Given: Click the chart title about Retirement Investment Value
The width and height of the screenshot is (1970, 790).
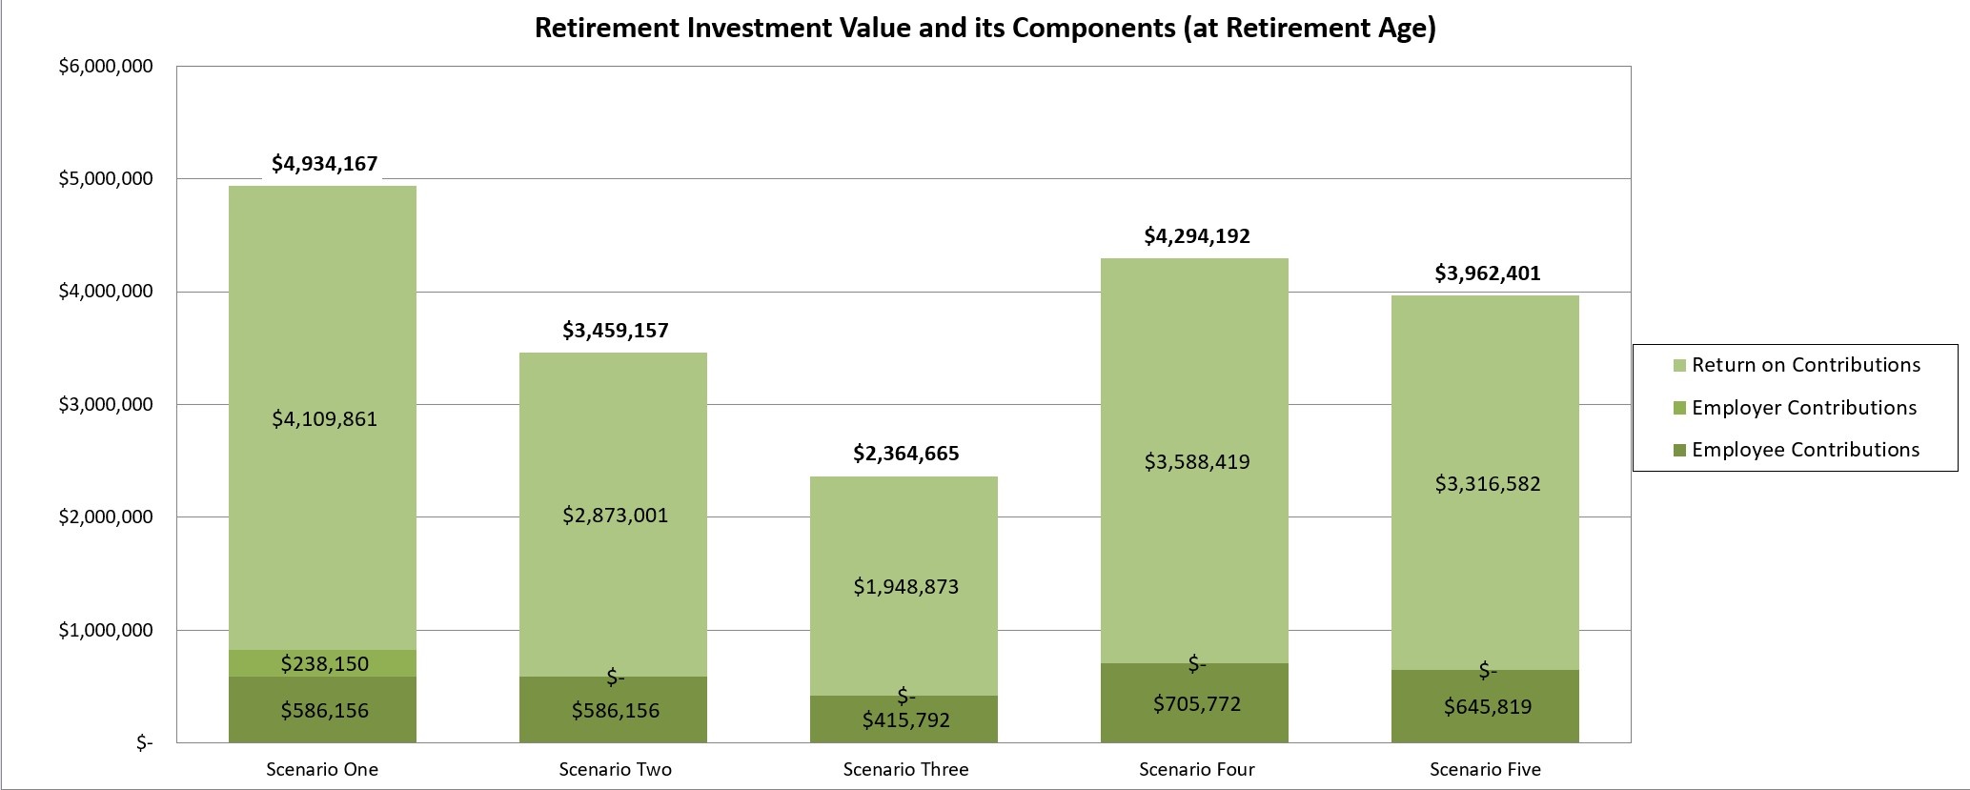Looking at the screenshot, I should [985, 28].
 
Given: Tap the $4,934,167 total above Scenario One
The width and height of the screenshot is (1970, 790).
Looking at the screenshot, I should [324, 164].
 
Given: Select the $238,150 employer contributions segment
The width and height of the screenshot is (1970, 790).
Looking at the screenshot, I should [324, 663].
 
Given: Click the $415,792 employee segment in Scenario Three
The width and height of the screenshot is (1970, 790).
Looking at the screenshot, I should [905, 719].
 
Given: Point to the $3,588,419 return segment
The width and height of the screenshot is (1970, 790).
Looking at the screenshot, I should [1196, 462].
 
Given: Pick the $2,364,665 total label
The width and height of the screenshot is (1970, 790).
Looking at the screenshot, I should [905, 453].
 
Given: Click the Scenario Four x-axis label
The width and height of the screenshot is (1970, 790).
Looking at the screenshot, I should [1196, 769].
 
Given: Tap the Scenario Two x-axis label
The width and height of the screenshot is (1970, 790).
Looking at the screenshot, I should [615, 769].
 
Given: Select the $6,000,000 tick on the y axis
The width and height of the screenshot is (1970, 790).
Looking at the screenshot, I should [105, 67].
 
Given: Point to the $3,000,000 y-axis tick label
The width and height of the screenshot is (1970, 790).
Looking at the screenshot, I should [105, 404].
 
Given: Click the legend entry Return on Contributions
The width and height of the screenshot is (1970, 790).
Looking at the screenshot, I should [1805, 365].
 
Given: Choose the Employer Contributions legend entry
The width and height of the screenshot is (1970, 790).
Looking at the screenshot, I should [1803, 408].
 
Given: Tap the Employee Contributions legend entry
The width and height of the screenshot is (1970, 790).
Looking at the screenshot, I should [1805, 450].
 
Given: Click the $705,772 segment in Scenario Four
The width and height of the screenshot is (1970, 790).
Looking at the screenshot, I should [1196, 704].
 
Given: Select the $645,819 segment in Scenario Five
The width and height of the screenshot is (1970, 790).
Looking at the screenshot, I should [1487, 707].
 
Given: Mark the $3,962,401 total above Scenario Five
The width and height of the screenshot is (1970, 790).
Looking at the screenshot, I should [1487, 273].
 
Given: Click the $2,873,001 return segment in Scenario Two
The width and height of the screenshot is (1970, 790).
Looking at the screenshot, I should [615, 516].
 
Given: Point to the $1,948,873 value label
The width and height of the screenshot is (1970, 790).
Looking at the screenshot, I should [905, 587].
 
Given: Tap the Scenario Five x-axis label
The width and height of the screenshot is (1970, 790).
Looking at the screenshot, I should [1485, 769].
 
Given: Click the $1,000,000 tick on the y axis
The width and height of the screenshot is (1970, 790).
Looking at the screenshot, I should [105, 630].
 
